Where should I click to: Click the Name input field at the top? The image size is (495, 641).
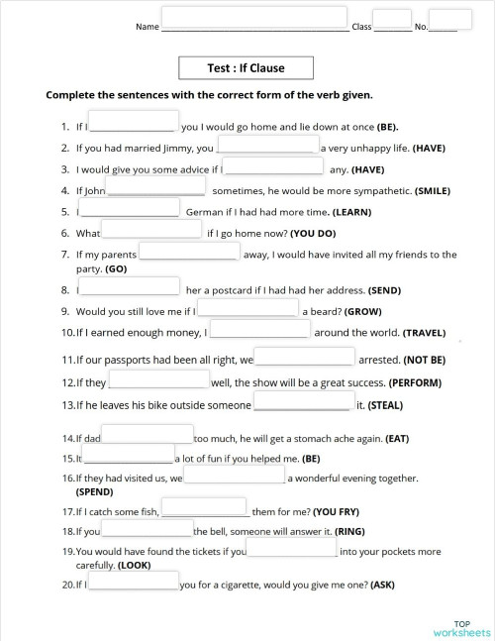click(x=253, y=18)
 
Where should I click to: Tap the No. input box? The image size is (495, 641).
click(x=450, y=20)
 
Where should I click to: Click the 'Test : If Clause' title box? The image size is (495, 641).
click(x=246, y=68)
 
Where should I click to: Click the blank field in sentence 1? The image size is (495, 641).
click(x=134, y=122)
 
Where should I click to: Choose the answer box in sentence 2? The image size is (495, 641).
click(x=267, y=145)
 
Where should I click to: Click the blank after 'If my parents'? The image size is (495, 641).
click(x=189, y=251)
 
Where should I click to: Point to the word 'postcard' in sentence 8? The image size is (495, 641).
click(x=241, y=290)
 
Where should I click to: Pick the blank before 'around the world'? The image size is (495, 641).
click(x=259, y=330)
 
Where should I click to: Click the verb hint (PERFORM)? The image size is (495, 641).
click(x=415, y=382)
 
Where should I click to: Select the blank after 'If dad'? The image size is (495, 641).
click(x=147, y=434)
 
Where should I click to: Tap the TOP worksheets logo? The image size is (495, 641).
click(x=461, y=627)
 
